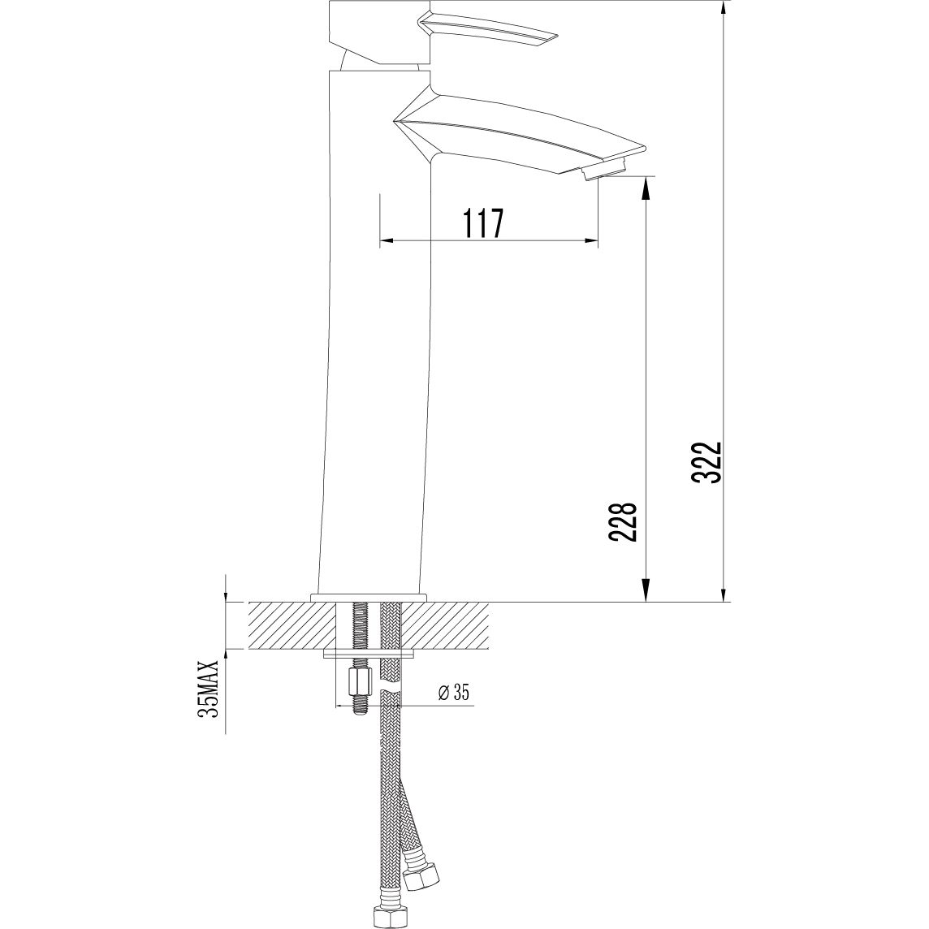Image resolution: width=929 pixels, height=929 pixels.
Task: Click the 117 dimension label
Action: tap(482, 223)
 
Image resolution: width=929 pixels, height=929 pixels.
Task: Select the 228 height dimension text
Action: tap(622, 522)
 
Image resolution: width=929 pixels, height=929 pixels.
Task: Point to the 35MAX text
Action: tap(210, 687)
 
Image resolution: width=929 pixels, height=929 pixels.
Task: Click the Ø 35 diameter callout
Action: tap(454, 691)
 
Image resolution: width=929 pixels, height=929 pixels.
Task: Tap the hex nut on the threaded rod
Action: tap(361, 681)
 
